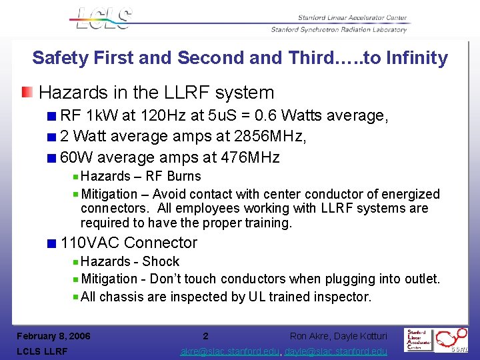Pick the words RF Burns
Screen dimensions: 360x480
(173, 176)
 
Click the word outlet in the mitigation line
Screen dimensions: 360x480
(419, 279)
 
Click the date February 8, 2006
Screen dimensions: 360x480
(53, 336)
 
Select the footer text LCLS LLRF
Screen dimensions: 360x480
(42, 351)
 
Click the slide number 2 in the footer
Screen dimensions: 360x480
(205, 336)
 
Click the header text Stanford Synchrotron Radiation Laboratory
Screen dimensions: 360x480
(339, 29)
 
